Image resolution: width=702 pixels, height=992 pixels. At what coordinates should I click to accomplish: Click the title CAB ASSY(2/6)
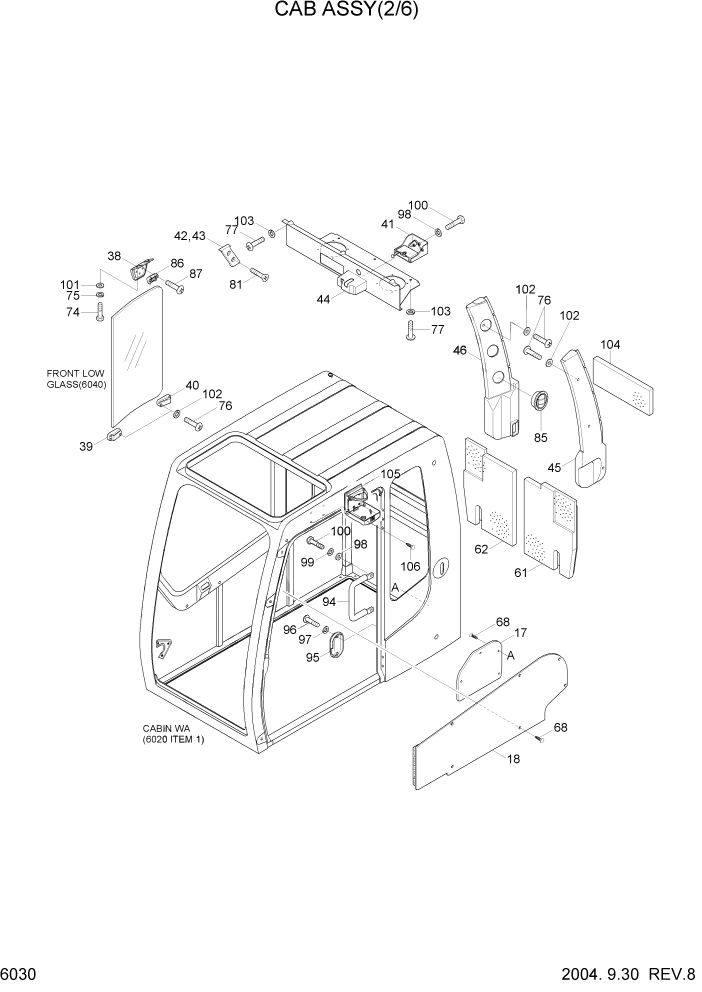[x=350, y=13]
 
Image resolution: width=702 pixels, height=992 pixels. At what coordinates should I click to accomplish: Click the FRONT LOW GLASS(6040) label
[x=76, y=379]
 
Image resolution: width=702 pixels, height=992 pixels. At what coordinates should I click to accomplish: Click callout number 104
[x=610, y=345]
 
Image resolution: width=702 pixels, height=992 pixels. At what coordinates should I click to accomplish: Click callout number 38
[x=114, y=256]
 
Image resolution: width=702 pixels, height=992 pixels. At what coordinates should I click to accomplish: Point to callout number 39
[x=87, y=446]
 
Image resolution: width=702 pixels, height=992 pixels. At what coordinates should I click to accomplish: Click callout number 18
[x=514, y=759]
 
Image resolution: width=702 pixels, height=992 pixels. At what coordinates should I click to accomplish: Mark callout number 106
[x=410, y=567]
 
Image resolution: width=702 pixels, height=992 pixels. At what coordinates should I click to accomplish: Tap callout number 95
[x=312, y=657]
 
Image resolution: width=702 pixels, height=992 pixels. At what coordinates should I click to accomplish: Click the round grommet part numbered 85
[x=540, y=402]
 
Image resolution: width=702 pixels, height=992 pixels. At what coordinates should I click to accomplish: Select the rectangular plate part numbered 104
[x=624, y=384]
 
